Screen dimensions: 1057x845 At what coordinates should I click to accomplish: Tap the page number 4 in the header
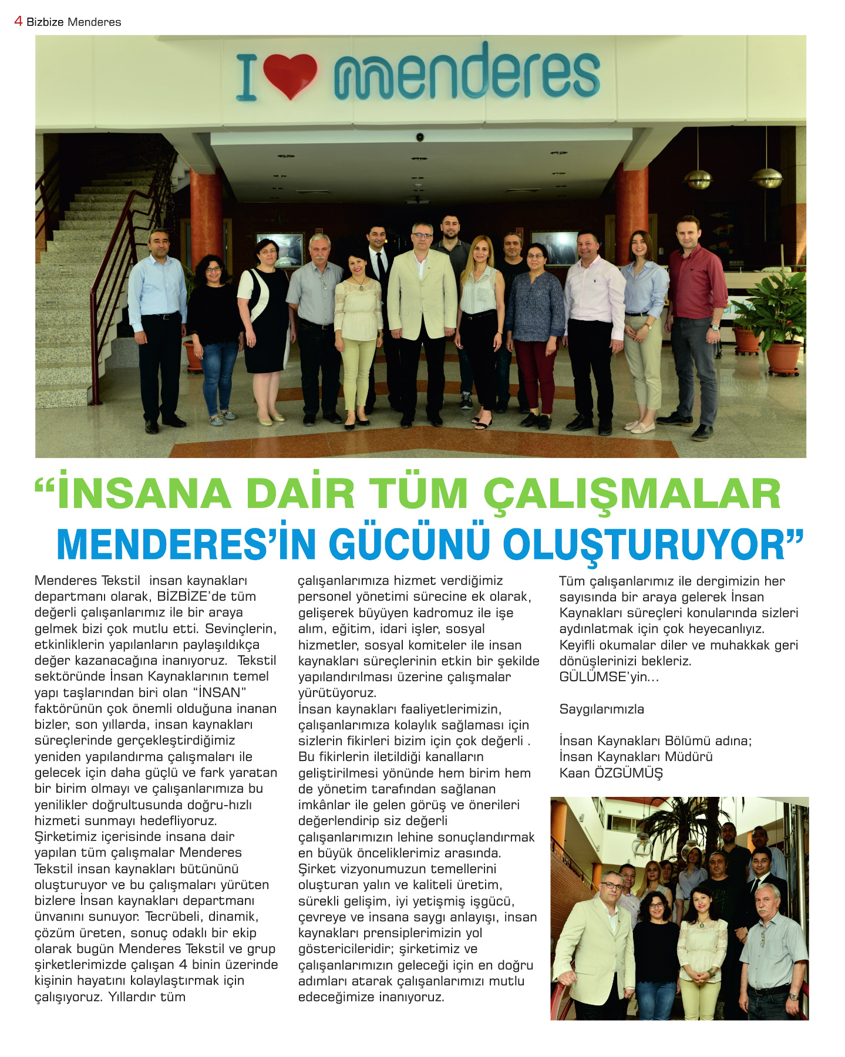click(18, 21)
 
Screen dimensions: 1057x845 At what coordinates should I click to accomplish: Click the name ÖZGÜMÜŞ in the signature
click(628, 773)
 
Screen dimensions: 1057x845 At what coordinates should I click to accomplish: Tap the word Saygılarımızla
click(601, 709)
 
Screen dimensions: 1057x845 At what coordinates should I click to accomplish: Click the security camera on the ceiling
click(420, 137)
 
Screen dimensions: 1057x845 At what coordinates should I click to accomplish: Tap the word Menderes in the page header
click(94, 22)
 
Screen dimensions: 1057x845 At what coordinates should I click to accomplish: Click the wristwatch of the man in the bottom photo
click(793, 996)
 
